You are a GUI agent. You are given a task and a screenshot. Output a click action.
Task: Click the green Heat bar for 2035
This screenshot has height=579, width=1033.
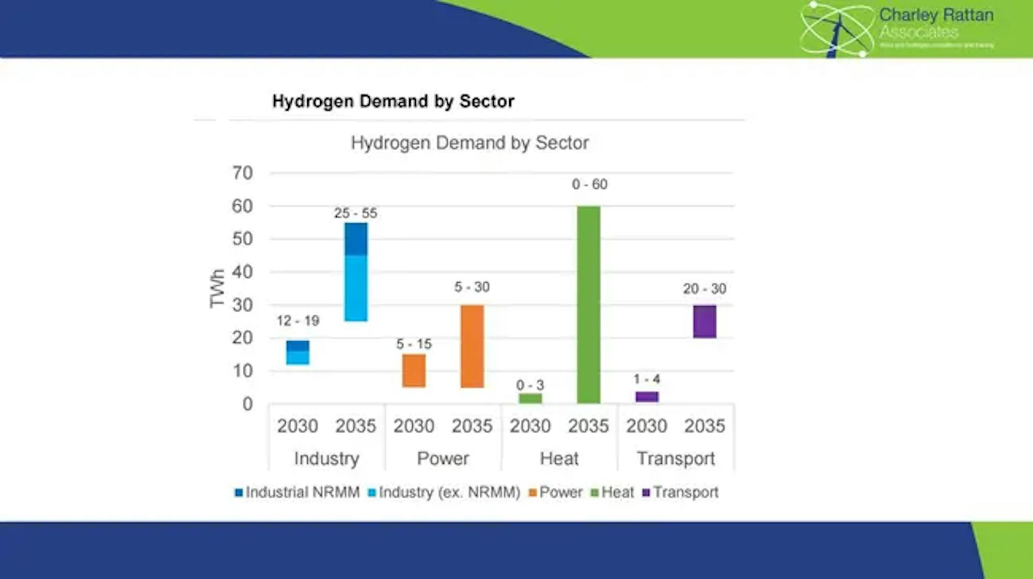click(588, 304)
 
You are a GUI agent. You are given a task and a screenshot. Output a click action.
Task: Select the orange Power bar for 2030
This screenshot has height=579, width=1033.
click(414, 371)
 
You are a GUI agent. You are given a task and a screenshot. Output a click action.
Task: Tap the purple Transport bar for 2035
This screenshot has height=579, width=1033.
click(705, 322)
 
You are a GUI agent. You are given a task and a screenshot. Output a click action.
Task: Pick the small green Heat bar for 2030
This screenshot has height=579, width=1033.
click(530, 399)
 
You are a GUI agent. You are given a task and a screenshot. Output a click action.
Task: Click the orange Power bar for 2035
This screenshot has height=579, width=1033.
click(472, 346)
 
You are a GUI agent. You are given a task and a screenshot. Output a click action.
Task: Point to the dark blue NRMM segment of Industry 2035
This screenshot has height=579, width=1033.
click(356, 239)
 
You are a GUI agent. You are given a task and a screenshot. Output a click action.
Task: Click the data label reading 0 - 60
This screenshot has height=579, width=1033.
click(589, 185)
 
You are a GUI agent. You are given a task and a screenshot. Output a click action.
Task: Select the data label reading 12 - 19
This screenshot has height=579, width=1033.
click(298, 321)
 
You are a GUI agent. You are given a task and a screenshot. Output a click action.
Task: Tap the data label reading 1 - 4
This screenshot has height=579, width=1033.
click(647, 379)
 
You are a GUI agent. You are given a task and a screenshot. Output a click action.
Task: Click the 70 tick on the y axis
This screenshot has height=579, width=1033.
click(242, 173)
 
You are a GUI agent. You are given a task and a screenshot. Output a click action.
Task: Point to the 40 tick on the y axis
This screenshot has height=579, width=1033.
click(242, 272)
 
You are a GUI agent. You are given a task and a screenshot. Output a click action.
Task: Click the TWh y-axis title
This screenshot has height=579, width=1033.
click(217, 288)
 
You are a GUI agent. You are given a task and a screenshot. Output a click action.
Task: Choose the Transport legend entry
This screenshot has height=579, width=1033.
click(680, 492)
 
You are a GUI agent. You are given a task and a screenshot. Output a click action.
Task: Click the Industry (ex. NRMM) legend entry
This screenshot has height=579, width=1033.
click(444, 492)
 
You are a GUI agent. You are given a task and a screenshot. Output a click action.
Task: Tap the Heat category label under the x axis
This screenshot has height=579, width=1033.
click(559, 459)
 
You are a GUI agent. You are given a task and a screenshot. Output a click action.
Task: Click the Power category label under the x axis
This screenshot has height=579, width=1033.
click(443, 459)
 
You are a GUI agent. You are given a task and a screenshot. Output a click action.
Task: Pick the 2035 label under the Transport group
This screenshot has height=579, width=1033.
click(705, 426)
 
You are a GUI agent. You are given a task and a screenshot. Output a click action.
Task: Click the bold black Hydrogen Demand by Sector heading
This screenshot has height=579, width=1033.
click(393, 101)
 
